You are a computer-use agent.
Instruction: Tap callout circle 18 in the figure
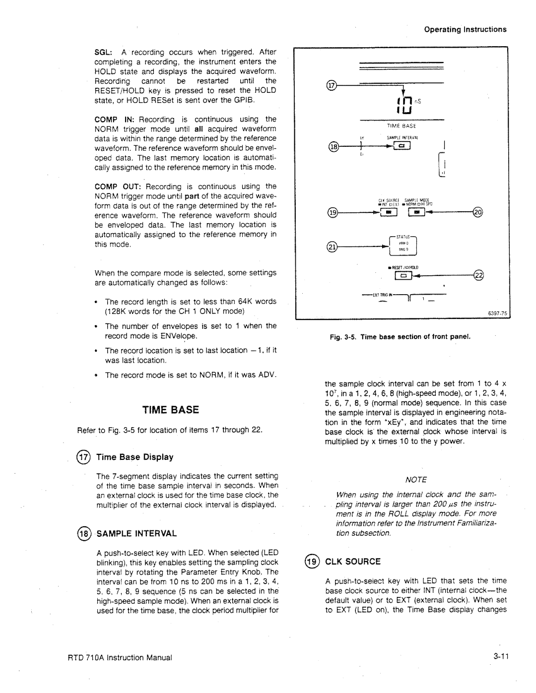coord(332,147)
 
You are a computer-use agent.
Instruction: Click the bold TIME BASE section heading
coord(171,410)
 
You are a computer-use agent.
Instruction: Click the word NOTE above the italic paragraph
coord(415,479)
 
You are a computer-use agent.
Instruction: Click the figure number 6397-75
coord(495,313)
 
